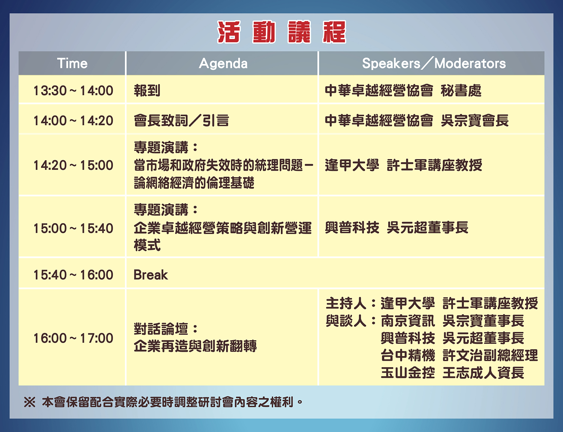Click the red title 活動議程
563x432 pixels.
[281, 32]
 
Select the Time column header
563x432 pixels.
[72, 63]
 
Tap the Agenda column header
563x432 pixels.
[223, 64]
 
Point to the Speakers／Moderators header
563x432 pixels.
[434, 63]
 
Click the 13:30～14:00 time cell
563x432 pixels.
[73, 91]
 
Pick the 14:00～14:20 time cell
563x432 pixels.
[73, 121]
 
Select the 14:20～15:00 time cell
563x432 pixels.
[73, 165]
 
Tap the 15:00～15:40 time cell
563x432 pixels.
[73, 228]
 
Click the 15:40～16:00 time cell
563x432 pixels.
[73, 275]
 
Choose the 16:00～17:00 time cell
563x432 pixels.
[73, 338]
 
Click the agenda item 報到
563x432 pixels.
[147, 91]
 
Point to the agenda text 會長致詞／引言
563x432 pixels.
[181, 121]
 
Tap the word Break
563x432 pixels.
[151, 275]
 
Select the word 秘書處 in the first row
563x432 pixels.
[461, 91]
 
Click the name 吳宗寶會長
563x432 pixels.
[475, 121]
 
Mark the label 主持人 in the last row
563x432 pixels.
[346, 303]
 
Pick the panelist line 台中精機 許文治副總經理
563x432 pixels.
[459, 355]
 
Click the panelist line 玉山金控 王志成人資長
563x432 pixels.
[453, 373]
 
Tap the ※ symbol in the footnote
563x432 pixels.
[30, 402]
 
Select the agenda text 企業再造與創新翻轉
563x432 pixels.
[195, 346]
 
